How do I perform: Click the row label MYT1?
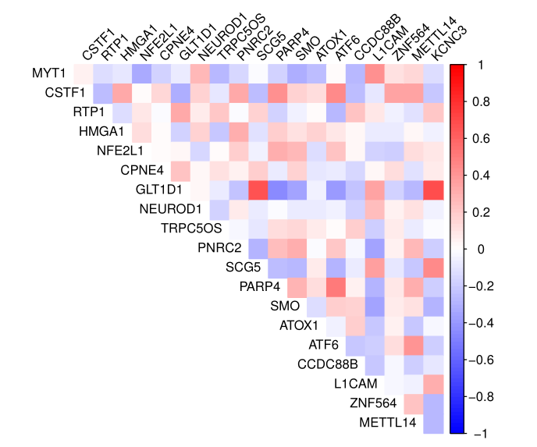coord(48,73)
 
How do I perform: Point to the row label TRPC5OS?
coord(192,229)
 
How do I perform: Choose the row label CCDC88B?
coord(328,364)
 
